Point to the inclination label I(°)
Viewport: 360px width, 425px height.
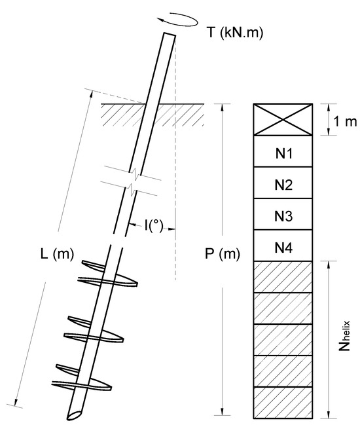tap(154, 227)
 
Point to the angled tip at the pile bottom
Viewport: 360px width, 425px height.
tap(74, 413)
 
